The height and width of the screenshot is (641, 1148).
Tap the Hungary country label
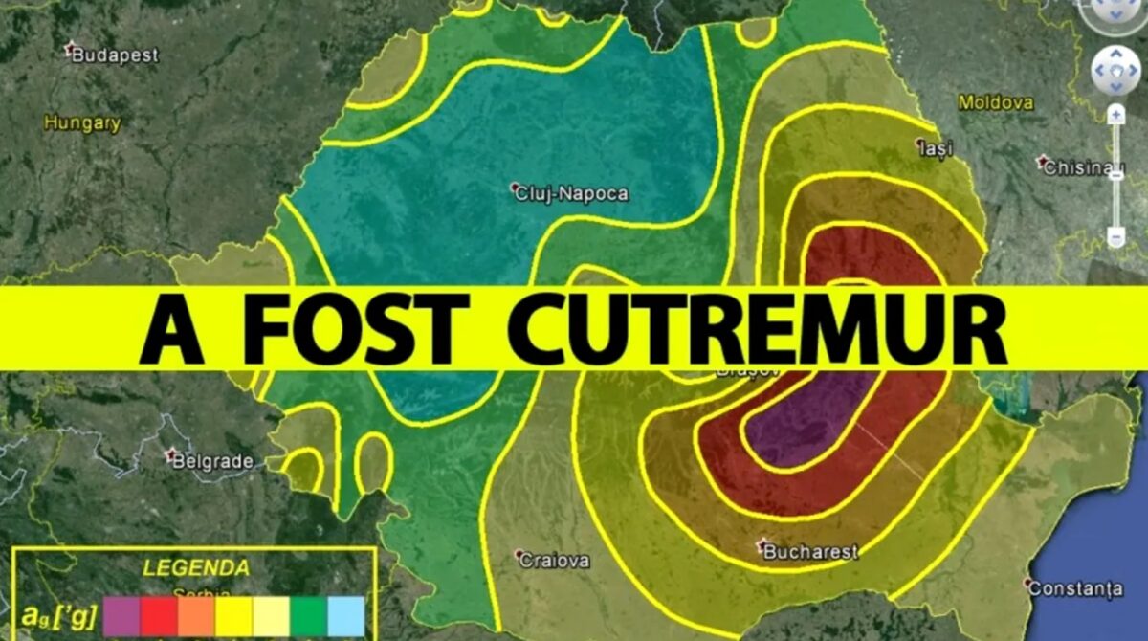click(x=82, y=122)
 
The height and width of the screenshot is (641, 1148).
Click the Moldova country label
click(x=996, y=101)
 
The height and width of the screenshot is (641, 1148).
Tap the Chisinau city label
click(x=1082, y=167)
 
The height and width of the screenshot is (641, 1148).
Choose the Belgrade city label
click(x=212, y=461)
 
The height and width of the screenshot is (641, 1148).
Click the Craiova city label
click(x=554, y=561)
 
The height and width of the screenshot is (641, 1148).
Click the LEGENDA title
click(x=196, y=567)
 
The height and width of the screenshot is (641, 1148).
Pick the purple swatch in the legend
click(x=121, y=615)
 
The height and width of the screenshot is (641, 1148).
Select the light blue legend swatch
click(x=345, y=615)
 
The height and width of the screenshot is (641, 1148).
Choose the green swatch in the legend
click(x=308, y=615)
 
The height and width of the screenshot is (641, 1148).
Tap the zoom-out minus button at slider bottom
click(x=1115, y=235)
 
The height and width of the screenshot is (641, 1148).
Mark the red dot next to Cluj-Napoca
click(x=515, y=187)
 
